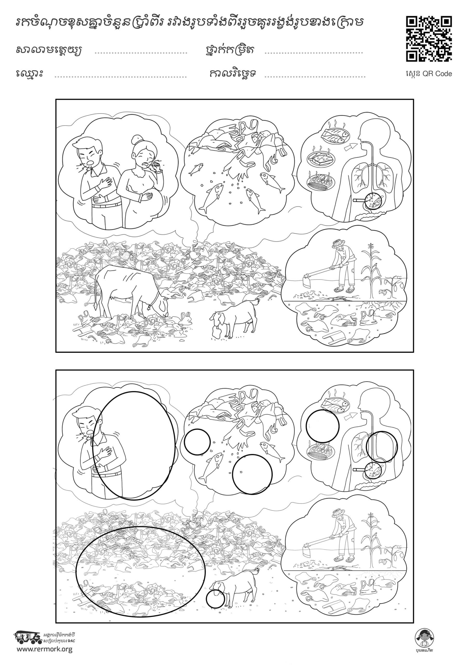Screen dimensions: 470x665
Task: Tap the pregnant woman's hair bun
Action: click(x=136, y=140)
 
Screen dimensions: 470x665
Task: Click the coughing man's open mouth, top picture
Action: click(x=91, y=163)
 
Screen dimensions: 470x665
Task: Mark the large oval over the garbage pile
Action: click(x=140, y=570)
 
